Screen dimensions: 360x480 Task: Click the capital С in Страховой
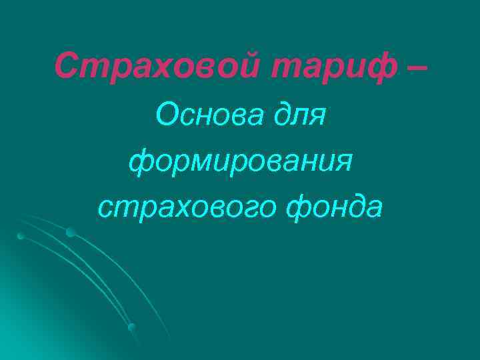coord(66,65)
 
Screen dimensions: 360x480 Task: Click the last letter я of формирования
coord(342,163)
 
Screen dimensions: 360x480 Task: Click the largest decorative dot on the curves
coord(70,232)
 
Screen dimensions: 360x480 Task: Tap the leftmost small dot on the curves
coord(21,236)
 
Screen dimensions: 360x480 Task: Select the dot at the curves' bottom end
coord(131,327)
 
